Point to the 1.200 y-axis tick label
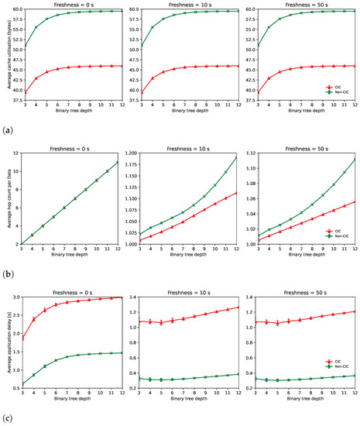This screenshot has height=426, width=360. (132, 154)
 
